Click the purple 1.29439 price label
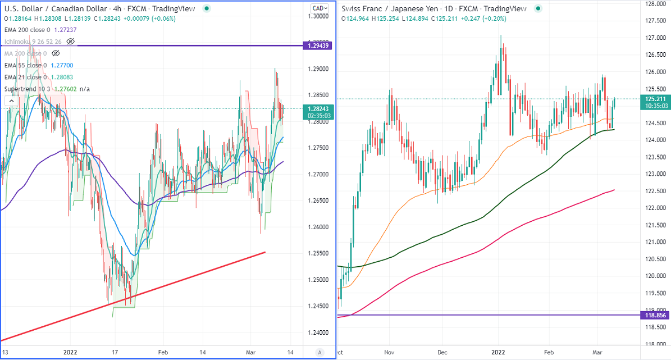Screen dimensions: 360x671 318,45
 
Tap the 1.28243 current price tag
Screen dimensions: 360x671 318,108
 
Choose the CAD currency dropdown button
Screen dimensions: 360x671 319,8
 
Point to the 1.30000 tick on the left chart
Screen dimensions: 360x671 317,16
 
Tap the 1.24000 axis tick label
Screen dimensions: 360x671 317,332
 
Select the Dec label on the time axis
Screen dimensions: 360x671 442,352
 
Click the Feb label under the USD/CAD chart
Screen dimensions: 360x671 163,352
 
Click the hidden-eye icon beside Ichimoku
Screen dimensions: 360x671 70,42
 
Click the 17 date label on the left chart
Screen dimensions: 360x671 115,352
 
